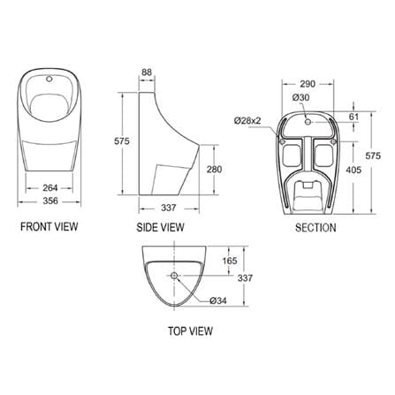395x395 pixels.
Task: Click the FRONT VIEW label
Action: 49,226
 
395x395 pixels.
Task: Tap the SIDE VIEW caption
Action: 160,227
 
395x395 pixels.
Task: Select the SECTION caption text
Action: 315,228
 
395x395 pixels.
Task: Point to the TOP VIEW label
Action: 190,331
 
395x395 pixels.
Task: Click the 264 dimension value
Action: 50,187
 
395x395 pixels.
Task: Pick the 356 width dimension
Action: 50,201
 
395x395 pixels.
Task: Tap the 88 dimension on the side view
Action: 147,72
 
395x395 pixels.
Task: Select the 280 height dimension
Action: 214,170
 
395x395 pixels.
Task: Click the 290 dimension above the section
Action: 308,84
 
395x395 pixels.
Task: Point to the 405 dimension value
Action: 353,170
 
